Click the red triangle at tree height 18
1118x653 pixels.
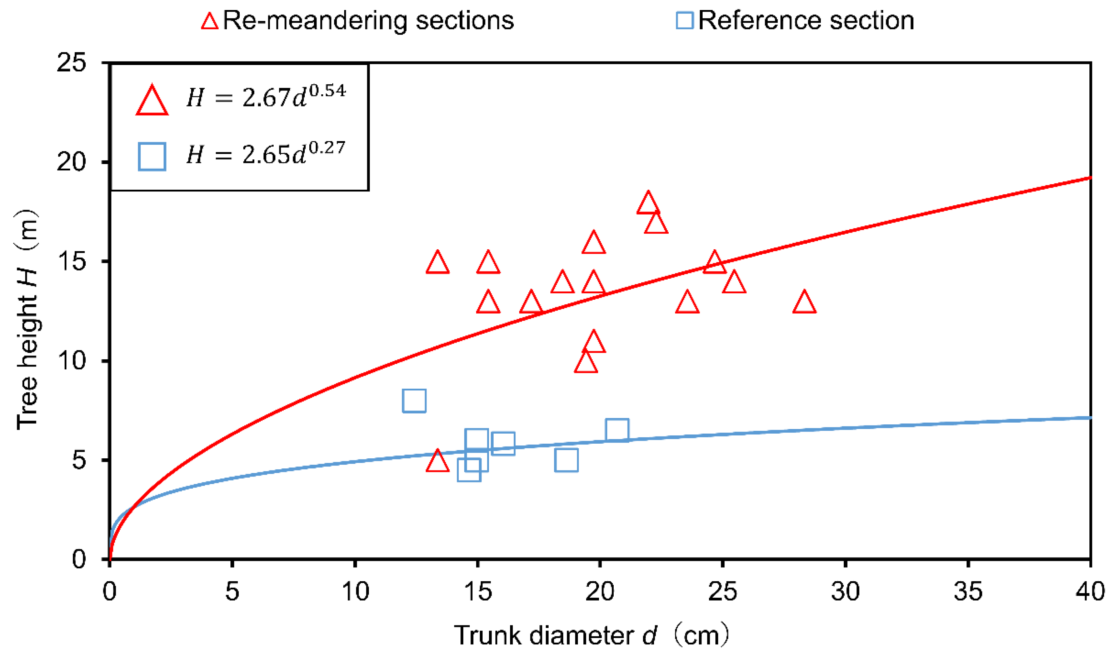(x=648, y=204)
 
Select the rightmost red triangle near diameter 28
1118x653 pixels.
(x=804, y=303)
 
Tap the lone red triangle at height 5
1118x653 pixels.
(x=438, y=462)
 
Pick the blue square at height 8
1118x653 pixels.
(x=414, y=400)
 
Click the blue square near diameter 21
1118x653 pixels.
(x=617, y=430)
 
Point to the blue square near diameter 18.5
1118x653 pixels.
(x=566, y=460)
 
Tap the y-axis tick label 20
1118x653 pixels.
(x=71, y=162)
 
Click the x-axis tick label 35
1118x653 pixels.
(x=968, y=591)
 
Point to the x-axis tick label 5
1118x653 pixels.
(x=232, y=591)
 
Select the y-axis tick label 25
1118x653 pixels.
(x=71, y=63)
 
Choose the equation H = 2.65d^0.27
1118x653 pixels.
(x=265, y=154)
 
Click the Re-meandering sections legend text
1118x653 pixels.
(x=368, y=20)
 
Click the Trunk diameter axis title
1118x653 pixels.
(x=590, y=635)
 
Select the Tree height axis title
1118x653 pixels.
(x=28, y=319)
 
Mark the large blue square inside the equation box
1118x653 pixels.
(x=152, y=156)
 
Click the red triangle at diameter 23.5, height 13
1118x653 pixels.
(x=687, y=303)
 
